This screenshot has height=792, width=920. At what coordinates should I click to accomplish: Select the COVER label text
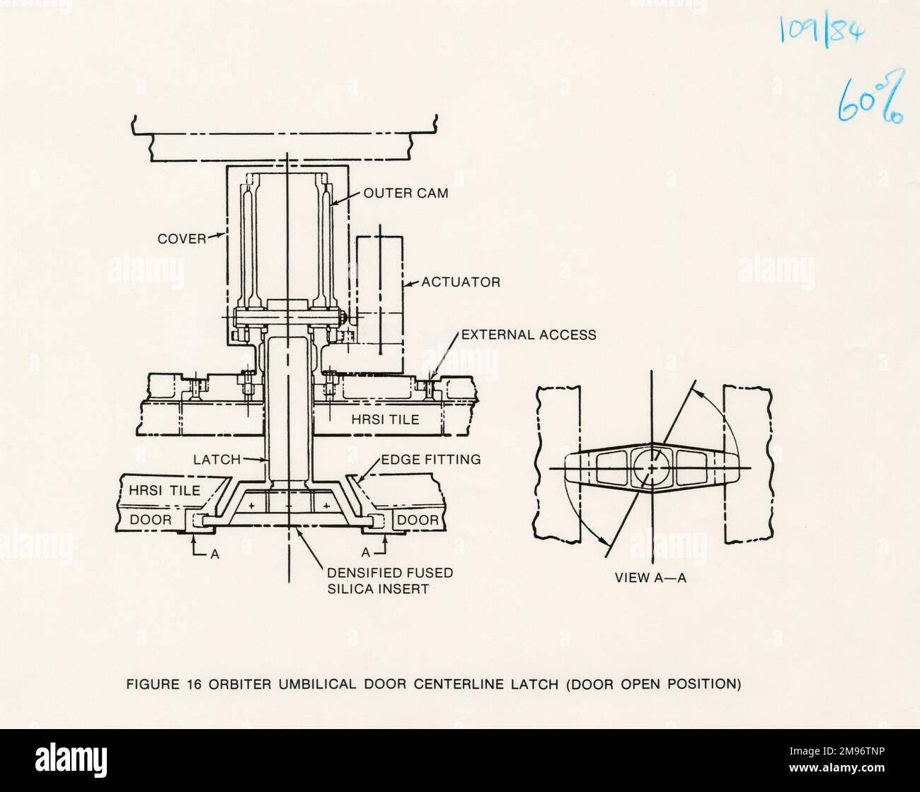click(x=181, y=239)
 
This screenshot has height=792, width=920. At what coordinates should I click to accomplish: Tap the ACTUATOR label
click(x=461, y=282)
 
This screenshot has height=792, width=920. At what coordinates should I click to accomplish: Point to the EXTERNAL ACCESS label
click(x=528, y=334)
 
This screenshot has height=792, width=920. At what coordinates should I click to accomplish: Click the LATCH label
click(x=217, y=460)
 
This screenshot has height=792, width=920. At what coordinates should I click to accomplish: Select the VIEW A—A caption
click(x=650, y=578)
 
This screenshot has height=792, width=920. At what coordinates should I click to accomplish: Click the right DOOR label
click(x=418, y=520)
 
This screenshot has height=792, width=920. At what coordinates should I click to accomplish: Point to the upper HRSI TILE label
click(x=385, y=419)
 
